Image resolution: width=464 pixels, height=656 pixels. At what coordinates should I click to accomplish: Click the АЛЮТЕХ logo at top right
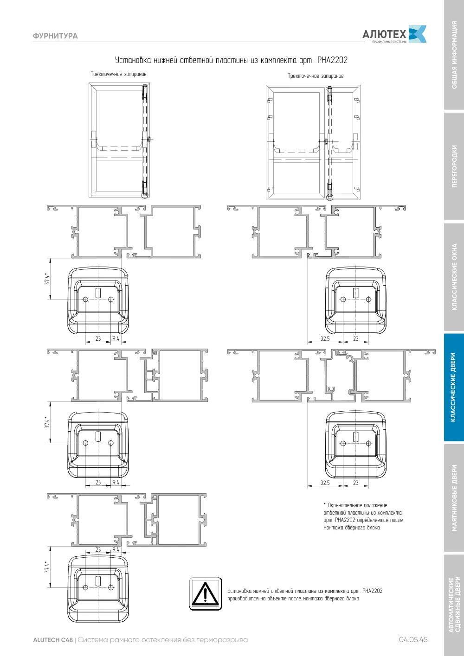click(394, 34)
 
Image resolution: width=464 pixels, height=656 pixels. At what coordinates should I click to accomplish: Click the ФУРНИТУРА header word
click(55, 36)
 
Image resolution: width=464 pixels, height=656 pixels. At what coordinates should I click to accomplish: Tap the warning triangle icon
click(206, 594)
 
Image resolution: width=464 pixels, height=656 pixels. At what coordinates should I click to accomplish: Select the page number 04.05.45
click(413, 640)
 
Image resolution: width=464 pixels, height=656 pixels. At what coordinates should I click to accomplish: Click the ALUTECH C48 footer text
click(53, 640)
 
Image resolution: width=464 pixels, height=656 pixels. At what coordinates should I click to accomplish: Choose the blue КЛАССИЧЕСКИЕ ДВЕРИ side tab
click(453, 387)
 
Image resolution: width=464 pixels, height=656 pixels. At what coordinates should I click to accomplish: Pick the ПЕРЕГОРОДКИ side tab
click(454, 166)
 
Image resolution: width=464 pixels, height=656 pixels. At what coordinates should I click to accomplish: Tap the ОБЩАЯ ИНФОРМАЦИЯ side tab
click(454, 55)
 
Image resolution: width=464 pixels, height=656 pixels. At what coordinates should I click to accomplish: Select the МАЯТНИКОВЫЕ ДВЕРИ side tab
click(454, 498)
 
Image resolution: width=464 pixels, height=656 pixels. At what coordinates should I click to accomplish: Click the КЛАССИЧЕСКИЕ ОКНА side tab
click(454, 277)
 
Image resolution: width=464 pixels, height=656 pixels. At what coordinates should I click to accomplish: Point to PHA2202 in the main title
click(332, 60)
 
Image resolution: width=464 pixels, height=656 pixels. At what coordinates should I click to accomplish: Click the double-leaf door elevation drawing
click(313, 143)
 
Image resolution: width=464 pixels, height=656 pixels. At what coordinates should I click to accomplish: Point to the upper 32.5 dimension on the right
click(325, 338)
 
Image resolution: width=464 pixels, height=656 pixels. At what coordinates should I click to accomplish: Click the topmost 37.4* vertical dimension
click(47, 279)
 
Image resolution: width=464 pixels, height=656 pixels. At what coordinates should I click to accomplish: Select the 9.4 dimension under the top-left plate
click(116, 338)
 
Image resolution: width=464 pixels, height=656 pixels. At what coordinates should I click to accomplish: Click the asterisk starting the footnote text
click(325, 504)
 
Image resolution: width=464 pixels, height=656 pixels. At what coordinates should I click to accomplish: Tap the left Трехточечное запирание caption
click(118, 74)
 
